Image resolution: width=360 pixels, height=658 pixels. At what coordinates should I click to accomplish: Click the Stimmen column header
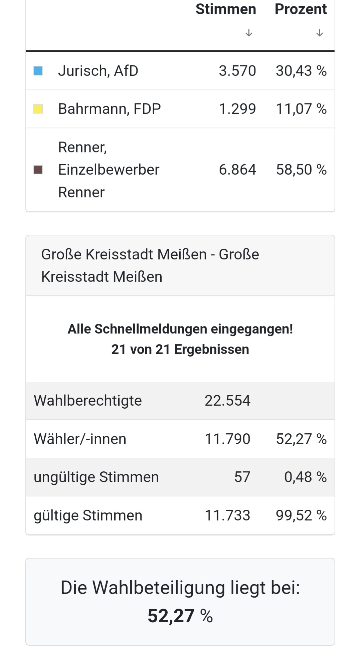coord(225,9)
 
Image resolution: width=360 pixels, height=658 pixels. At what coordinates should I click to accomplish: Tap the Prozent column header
coord(301,9)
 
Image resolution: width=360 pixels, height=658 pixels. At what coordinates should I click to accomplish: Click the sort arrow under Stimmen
coord(248,33)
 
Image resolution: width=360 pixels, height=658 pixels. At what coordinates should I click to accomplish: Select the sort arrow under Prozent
coord(320,33)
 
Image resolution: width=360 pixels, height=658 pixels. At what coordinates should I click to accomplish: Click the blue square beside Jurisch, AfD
coord(38,71)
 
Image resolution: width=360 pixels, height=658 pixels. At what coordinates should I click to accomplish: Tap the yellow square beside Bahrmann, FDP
coord(38,109)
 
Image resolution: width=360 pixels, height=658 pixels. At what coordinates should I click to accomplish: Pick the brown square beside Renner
coord(38,170)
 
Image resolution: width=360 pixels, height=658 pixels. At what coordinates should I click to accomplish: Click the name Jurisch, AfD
coord(98,71)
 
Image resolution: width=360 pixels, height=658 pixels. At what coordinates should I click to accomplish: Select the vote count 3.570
coord(237,71)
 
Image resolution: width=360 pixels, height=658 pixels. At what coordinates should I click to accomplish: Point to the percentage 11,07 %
coord(301,109)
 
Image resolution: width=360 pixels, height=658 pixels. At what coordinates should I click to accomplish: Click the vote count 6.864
coord(237,170)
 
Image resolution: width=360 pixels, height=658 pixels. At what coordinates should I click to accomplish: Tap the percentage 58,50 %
coord(301,170)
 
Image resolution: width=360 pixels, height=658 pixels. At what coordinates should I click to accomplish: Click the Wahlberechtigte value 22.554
coord(227,401)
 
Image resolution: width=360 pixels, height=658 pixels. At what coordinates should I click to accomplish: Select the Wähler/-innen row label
coord(80,439)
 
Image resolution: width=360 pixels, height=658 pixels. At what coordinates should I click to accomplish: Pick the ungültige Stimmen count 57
coord(242,477)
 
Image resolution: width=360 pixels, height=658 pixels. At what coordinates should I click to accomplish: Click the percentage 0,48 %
coord(305,477)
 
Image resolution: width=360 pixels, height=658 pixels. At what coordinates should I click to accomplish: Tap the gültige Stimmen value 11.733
coord(227,515)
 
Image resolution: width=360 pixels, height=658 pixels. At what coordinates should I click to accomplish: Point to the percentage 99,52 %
coord(301,515)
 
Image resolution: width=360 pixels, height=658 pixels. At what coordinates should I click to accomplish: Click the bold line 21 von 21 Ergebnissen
coord(180,349)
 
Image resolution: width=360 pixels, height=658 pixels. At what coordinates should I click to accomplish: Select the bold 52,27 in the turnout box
coord(171,616)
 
